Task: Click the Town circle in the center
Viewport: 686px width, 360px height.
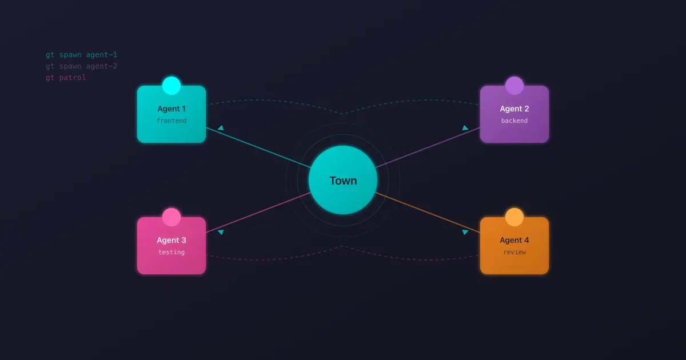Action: (x=343, y=180)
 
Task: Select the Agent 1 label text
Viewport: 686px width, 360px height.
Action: (x=171, y=109)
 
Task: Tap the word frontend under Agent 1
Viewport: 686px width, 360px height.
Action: (x=171, y=121)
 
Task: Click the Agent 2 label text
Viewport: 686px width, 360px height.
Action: (x=514, y=109)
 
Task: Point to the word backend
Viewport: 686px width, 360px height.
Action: (x=514, y=121)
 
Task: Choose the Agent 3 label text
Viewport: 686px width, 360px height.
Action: (x=171, y=240)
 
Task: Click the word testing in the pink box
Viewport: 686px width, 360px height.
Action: (x=171, y=252)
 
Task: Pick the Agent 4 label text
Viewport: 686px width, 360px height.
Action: (x=514, y=240)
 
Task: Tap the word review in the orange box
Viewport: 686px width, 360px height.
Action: (x=514, y=252)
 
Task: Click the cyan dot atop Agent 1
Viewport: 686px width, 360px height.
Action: (x=171, y=86)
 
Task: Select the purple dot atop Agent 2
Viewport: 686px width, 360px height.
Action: (x=514, y=86)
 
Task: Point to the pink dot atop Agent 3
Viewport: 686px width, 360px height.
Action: (x=171, y=217)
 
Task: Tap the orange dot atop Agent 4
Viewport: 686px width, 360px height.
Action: (x=514, y=217)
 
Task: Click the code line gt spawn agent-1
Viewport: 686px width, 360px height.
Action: (x=81, y=55)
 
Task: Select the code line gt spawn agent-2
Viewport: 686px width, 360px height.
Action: (x=81, y=66)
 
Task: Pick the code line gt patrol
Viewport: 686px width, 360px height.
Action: (x=66, y=78)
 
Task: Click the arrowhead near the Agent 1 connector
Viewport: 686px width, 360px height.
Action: (x=221, y=128)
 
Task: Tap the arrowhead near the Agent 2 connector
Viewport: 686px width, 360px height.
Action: (x=465, y=128)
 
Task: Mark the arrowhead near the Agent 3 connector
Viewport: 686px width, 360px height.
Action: (x=221, y=232)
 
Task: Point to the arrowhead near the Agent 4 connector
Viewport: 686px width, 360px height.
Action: (x=465, y=232)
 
